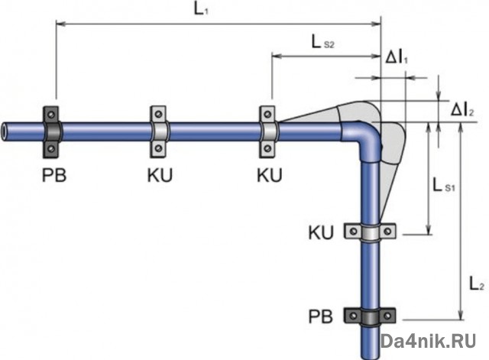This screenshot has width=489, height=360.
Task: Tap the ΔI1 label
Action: point(394,58)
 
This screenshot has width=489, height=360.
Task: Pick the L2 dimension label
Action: point(476,284)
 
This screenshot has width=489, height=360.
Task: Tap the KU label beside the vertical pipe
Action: point(320,232)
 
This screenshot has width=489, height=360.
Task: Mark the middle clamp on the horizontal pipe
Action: point(159,129)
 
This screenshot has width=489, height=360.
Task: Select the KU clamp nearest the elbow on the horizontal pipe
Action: point(268,129)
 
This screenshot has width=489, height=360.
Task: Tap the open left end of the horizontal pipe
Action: point(5,129)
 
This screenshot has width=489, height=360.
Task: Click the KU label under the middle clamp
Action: point(160,174)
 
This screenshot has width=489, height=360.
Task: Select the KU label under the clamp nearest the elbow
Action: point(269,174)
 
